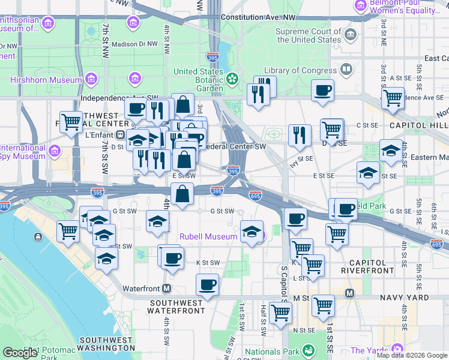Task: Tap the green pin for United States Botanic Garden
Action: [x=232, y=79]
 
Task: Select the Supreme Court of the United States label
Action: [x=308, y=36]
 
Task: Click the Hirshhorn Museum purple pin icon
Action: [x=91, y=79]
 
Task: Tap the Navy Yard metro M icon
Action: [x=349, y=293]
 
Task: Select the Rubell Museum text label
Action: [x=208, y=236]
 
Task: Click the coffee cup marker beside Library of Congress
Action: [x=323, y=90]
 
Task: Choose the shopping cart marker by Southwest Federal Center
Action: [x=71, y=122]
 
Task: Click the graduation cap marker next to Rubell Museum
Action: [x=252, y=231]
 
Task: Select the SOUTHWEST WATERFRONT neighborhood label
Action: [x=178, y=307]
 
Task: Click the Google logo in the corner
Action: [x=20, y=353]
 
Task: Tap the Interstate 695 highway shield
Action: [x=255, y=195]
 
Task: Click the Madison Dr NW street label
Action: [x=134, y=44]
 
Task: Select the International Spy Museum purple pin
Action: [x=56, y=150]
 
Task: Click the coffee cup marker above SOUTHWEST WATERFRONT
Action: [x=207, y=284]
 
